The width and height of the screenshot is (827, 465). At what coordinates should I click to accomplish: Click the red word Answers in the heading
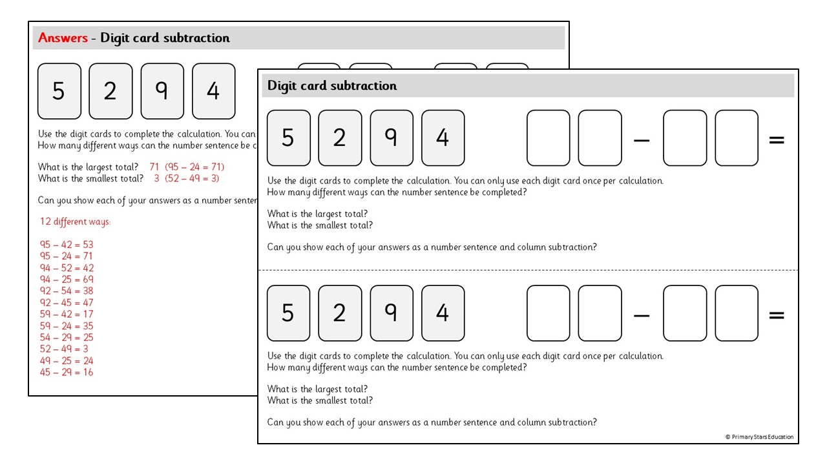coord(63,38)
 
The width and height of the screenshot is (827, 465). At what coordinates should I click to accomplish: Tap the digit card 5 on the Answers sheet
coord(59,91)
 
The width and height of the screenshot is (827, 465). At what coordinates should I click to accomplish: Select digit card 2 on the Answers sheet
coord(110,91)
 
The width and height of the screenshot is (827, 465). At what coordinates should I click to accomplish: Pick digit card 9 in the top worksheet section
coord(391,138)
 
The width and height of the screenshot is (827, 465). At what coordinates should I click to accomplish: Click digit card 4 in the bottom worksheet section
coord(443,313)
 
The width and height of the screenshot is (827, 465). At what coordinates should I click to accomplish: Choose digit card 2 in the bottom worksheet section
coord(340,313)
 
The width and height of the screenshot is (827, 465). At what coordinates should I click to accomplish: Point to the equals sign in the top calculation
coord(777,139)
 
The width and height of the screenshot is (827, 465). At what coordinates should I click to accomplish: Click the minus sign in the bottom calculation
coord(642,315)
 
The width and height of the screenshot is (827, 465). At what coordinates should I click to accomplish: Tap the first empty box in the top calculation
coord(549,138)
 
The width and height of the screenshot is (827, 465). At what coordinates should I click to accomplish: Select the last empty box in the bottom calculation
coord(737,313)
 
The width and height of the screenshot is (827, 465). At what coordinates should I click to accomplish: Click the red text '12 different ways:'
coord(75,222)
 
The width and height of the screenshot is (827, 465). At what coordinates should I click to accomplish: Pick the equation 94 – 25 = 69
coord(67,280)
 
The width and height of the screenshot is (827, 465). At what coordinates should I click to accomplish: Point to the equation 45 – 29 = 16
coord(67,373)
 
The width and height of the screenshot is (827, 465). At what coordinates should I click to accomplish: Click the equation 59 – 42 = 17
coord(67,315)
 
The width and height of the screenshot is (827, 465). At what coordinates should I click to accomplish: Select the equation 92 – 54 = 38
coord(67,291)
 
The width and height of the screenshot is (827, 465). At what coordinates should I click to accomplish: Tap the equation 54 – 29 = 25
coord(67,338)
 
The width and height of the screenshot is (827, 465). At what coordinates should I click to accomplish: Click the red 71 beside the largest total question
coord(154,167)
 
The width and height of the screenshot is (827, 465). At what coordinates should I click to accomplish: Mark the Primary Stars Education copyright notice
coord(759,437)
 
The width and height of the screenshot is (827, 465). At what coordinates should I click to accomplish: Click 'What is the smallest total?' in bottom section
coord(320,400)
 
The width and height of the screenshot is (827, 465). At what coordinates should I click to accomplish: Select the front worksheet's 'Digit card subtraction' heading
coord(332,86)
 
